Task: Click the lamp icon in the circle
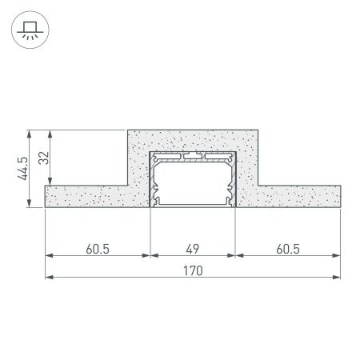[x=30, y=30]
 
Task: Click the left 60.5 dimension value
[x=97, y=248]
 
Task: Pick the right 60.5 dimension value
[x=286, y=248]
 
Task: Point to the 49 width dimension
[x=192, y=248]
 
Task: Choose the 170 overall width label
[x=192, y=270]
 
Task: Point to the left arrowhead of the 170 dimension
[x=48, y=278]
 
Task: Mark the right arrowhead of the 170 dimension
[x=338, y=278]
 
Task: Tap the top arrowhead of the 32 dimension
[x=51, y=131]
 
